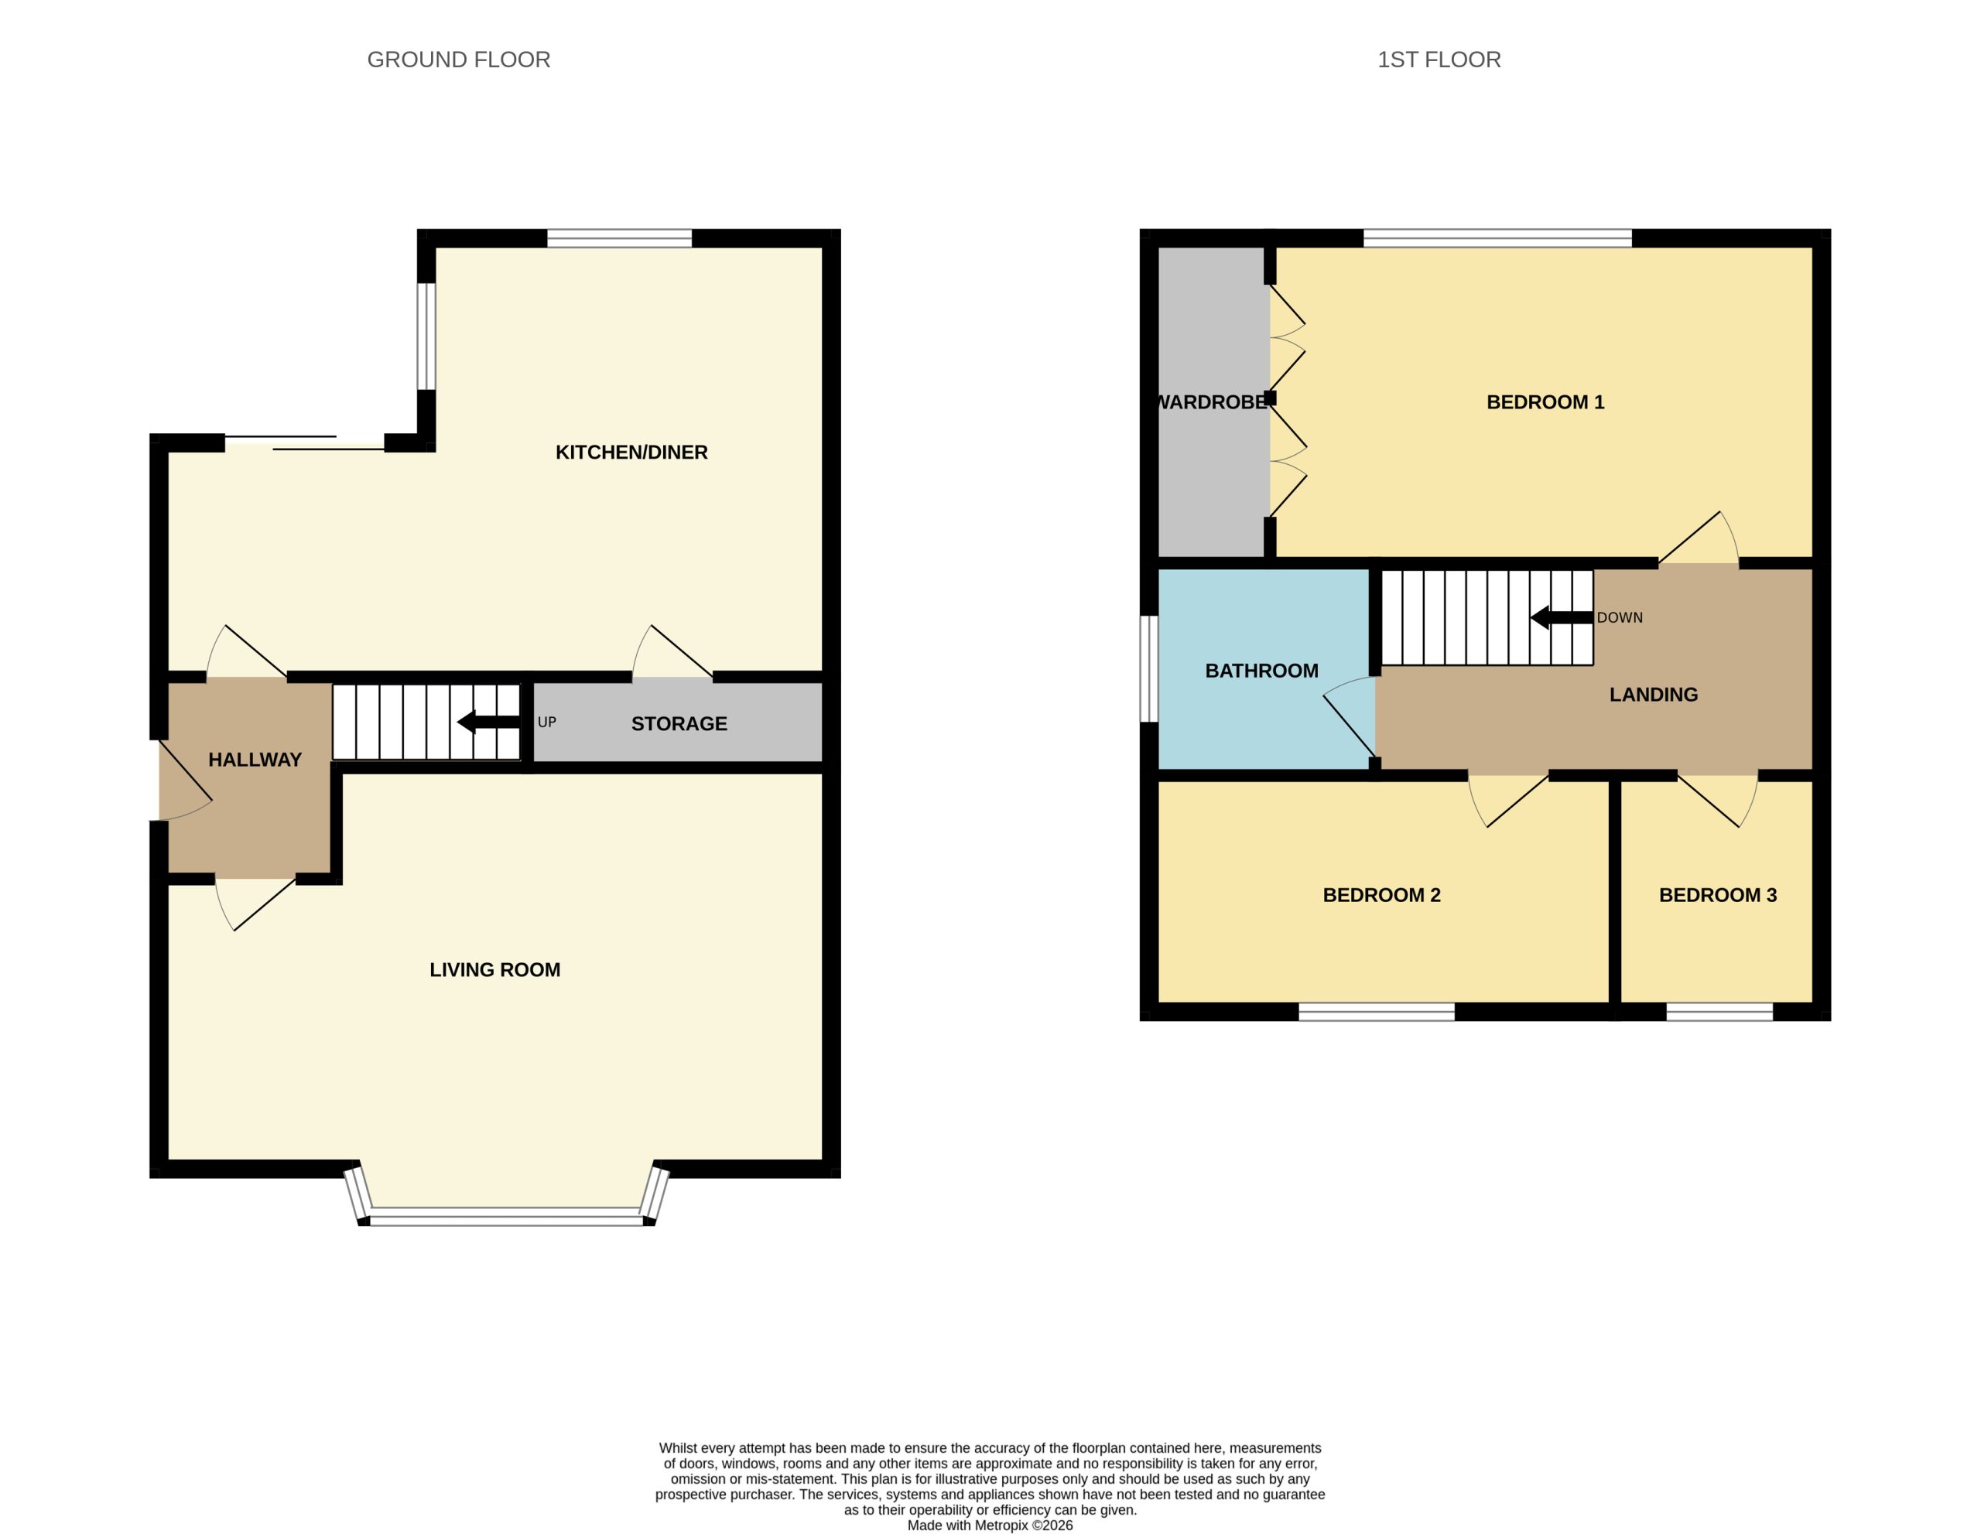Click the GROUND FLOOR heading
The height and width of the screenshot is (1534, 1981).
[458, 60]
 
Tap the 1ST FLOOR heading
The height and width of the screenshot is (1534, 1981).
[1439, 60]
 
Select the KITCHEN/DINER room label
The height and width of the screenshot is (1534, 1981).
[631, 453]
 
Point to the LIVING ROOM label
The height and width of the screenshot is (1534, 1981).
[494, 970]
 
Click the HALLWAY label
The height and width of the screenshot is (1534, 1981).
[255, 760]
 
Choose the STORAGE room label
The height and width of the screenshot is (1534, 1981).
[679, 723]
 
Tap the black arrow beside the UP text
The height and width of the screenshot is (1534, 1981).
[489, 723]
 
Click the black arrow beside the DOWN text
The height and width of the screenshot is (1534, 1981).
[1562, 617]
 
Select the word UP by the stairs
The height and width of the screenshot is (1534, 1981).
[547, 723]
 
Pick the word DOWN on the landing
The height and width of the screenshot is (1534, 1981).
[1620, 617]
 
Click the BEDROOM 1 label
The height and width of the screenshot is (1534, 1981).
[1545, 402]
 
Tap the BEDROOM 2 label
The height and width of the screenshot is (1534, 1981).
[1381, 896]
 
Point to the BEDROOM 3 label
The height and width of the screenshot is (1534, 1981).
[1718, 896]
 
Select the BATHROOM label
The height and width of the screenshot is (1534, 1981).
[1261, 671]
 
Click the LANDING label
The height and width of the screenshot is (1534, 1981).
[1654, 695]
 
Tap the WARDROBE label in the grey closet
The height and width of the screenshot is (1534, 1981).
[1213, 402]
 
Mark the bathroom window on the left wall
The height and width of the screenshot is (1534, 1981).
[1149, 669]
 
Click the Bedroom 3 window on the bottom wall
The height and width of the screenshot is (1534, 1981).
[1719, 1012]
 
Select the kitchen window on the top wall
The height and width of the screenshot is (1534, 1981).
[620, 238]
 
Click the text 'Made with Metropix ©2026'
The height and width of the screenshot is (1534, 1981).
[990, 1525]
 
